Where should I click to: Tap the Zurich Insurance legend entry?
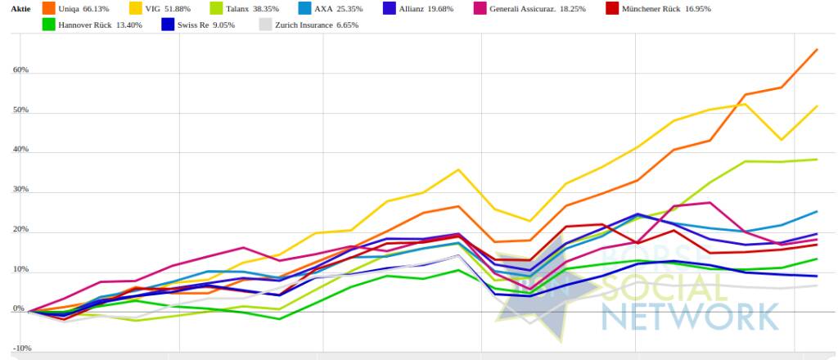pos(308,25)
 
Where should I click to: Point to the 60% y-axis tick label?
pos(20,70)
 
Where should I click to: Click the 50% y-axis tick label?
pos(20,110)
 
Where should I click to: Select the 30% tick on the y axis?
pos(20,190)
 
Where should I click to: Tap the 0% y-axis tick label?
pos(18,311)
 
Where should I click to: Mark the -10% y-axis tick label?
pos(21,348)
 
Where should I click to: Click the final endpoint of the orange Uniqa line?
pos(817,50)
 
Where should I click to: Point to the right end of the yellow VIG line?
pos(817,106)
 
